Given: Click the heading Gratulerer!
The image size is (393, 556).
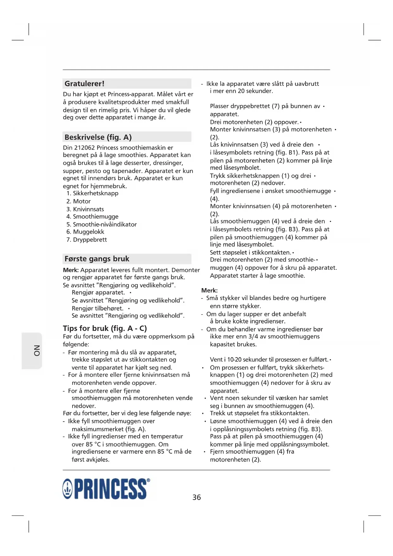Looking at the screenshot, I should pos(85,84).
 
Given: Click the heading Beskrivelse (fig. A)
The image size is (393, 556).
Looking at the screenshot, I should pos(98,137).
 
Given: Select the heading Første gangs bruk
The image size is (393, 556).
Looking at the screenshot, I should pos(97,259).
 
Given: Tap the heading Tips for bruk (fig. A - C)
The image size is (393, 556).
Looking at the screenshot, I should pos(105,328).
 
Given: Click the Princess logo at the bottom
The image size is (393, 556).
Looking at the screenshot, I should pos(106,489).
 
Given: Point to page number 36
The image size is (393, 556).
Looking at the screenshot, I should pos(197,497).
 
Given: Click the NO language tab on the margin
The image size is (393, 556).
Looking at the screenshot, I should pos(37,351).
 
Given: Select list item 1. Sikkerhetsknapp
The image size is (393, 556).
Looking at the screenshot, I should pos(92,193).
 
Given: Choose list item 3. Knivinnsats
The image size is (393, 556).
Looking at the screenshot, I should pos(85,209).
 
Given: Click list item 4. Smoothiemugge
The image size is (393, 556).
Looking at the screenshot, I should pos(92,217).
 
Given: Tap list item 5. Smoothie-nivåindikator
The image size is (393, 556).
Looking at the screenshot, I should pos(102,224).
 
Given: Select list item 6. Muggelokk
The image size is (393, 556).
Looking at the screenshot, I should pos(85,232).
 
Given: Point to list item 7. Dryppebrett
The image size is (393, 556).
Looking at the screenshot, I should pos(87,240).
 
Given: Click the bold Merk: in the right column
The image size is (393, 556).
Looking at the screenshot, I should pos(209,290).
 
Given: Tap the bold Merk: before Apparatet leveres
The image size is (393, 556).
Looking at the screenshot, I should pos(71,270).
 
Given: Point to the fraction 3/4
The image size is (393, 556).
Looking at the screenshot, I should pos(253,337).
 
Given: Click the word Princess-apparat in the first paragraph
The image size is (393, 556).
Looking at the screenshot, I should pos(131,94).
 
